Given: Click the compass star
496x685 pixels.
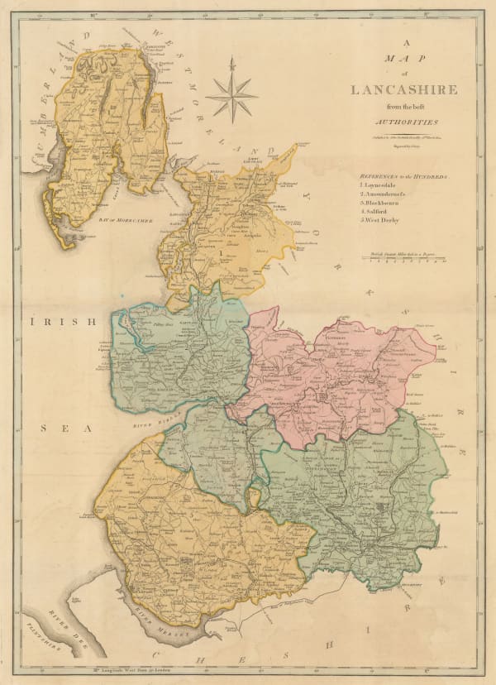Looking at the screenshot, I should point(231,95).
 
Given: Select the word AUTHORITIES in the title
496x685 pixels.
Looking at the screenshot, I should point(401,120).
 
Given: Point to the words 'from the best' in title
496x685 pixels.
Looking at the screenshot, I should point(401,106).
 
